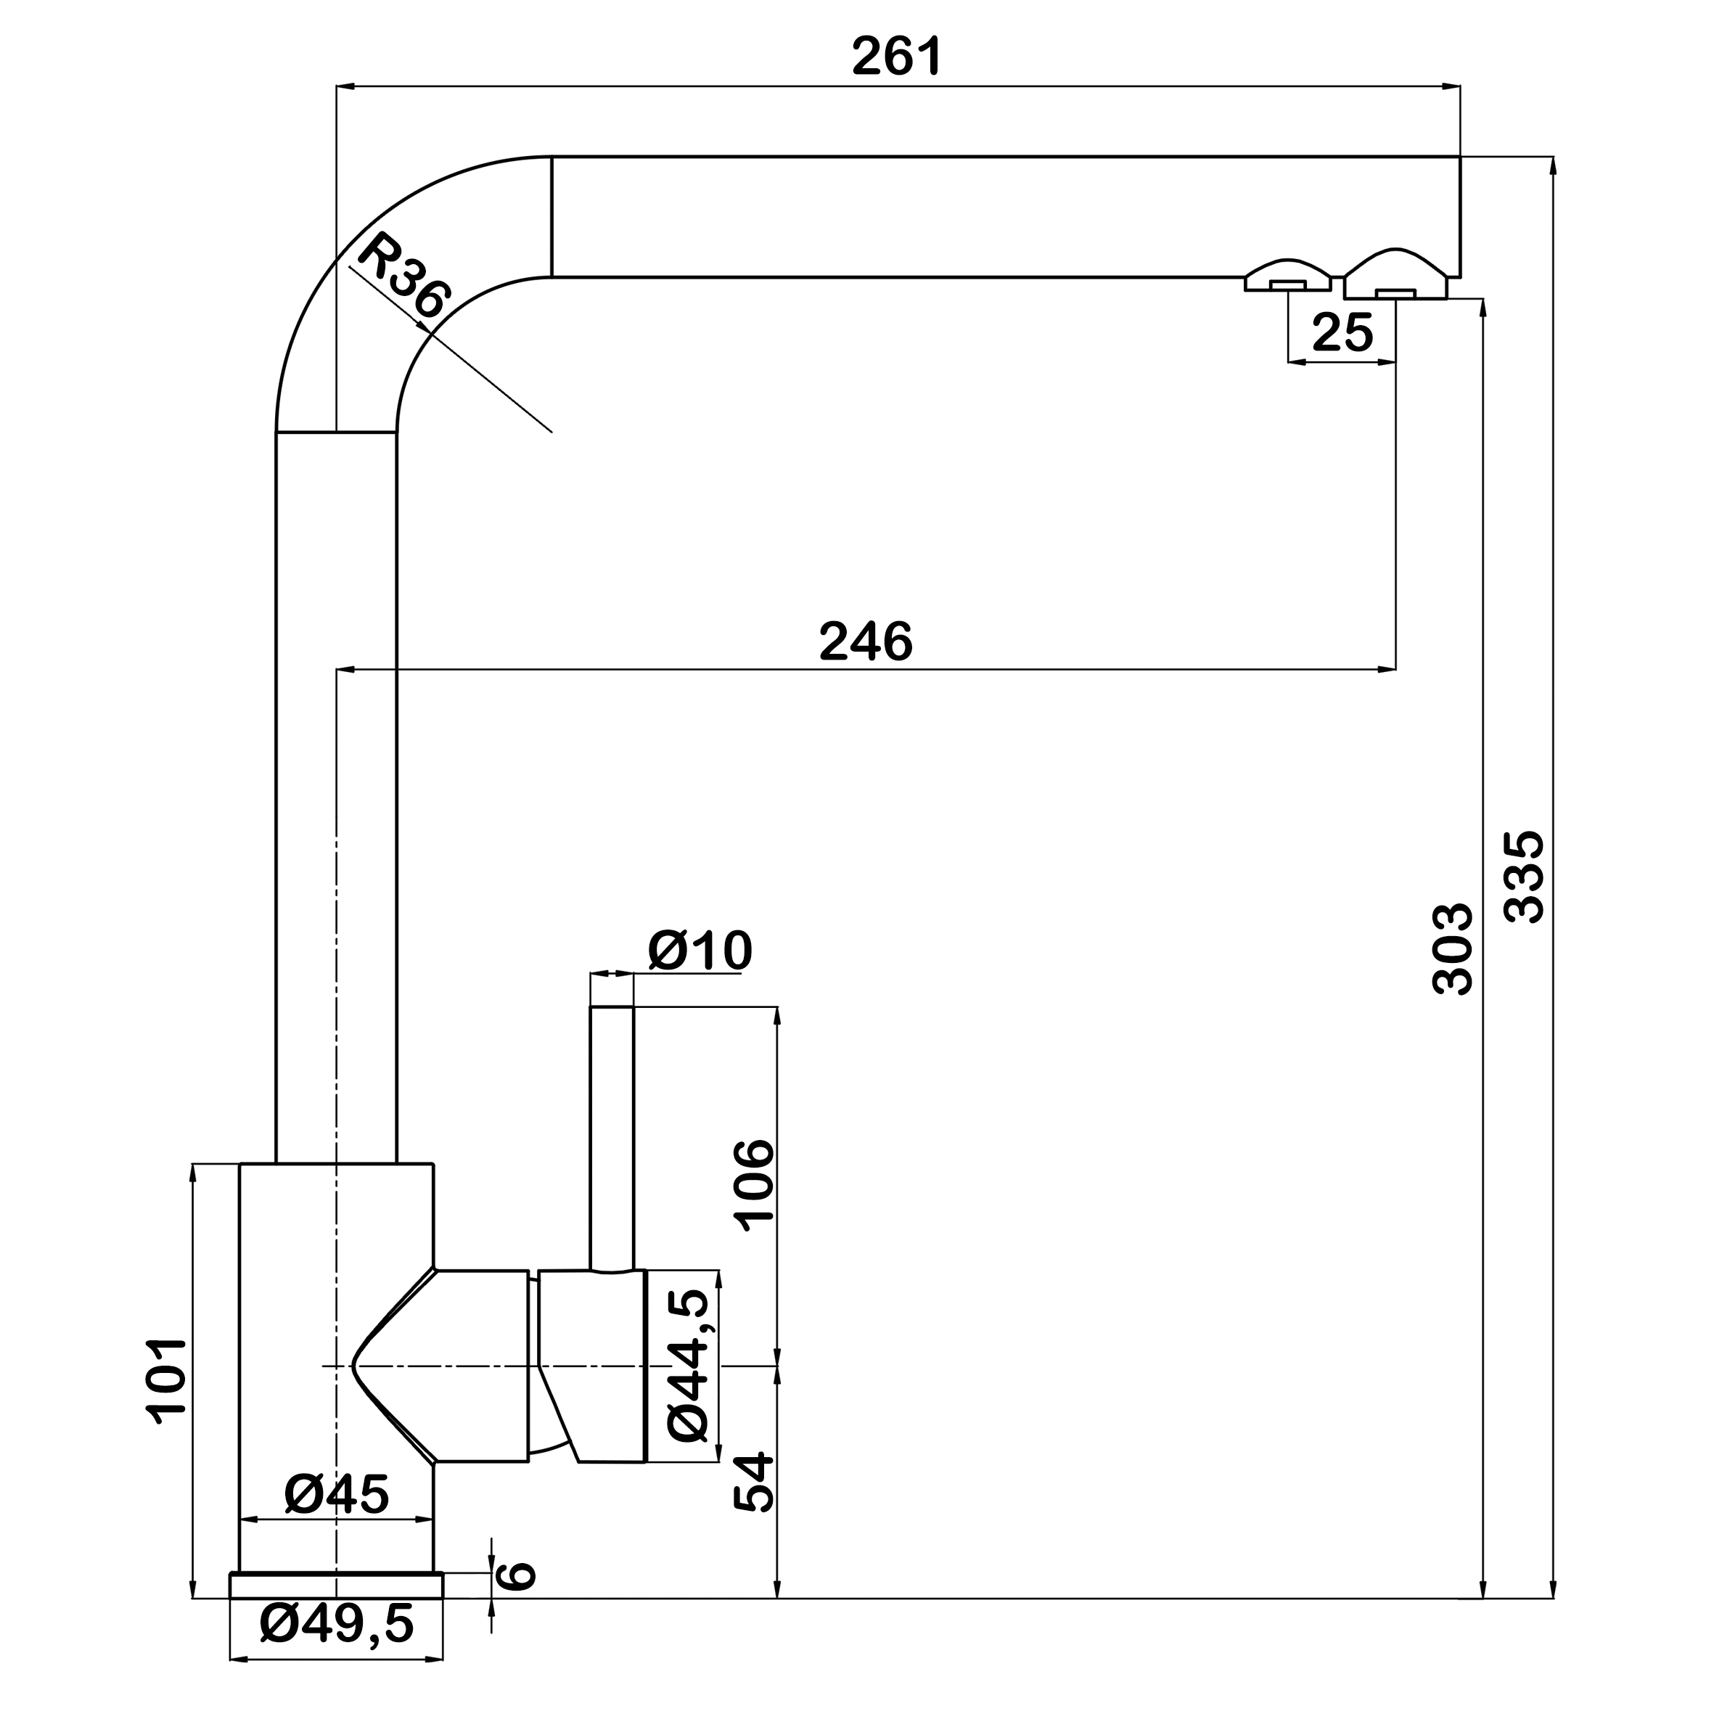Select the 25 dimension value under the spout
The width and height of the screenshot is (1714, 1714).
click(1342, 332)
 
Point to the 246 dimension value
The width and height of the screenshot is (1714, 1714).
click(866, 641)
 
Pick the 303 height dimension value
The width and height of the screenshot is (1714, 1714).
click(1453, 948)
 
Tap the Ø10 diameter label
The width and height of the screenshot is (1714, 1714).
click(700, 950)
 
